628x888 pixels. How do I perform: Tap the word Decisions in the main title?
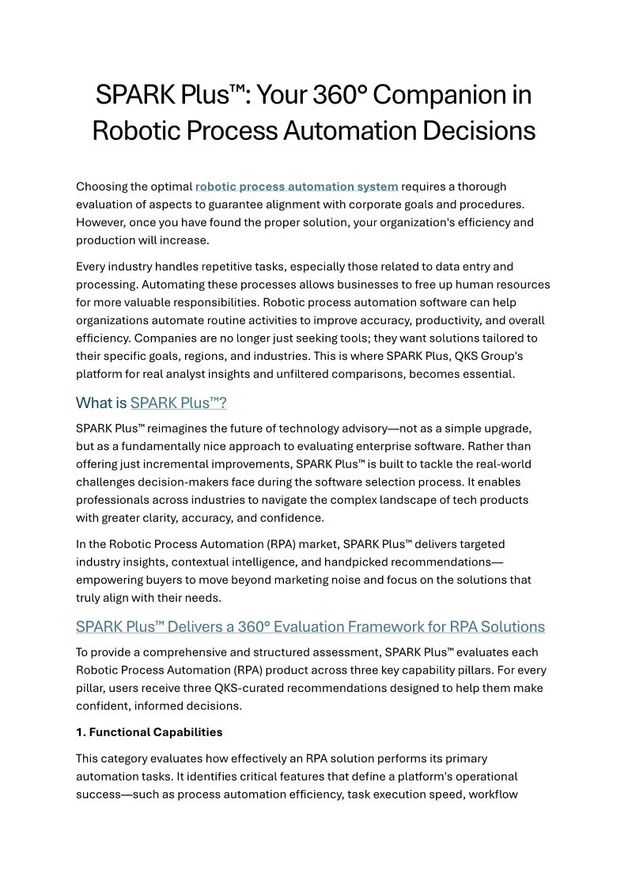pyautogui.click(x=479, y=130)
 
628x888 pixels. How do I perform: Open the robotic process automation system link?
pyautogui.click(x=297, y=187)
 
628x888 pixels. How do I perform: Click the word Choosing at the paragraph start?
pyautogui.click(x=104, y=187)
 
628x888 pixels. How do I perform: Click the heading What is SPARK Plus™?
pyautogui.click(x=151, y=403)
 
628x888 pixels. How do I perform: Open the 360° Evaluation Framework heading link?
pyautogui.click(x=310, y=627)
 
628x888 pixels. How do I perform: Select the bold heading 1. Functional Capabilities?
pyautogui.click(x=149, y=732)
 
